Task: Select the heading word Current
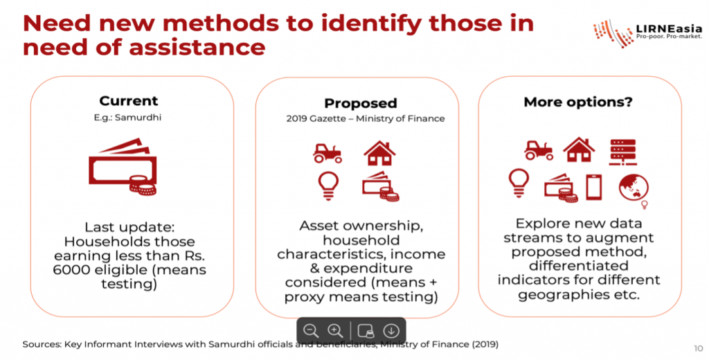coord(129,100)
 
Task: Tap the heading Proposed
coord(360,103)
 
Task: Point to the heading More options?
coord(578,102)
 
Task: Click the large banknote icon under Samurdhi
coord(123,166)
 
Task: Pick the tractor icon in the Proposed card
coord(327,153)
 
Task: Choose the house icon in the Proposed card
coord(380,153)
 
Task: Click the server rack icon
coord(622,152)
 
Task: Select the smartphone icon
coord(593,187)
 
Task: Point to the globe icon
coord(634,188)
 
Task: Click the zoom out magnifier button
coord(311,331)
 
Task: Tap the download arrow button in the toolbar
coord(391,331)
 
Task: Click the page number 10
coord(698,348)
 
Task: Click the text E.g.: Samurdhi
coord(127,118)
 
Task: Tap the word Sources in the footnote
coord(42,345)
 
